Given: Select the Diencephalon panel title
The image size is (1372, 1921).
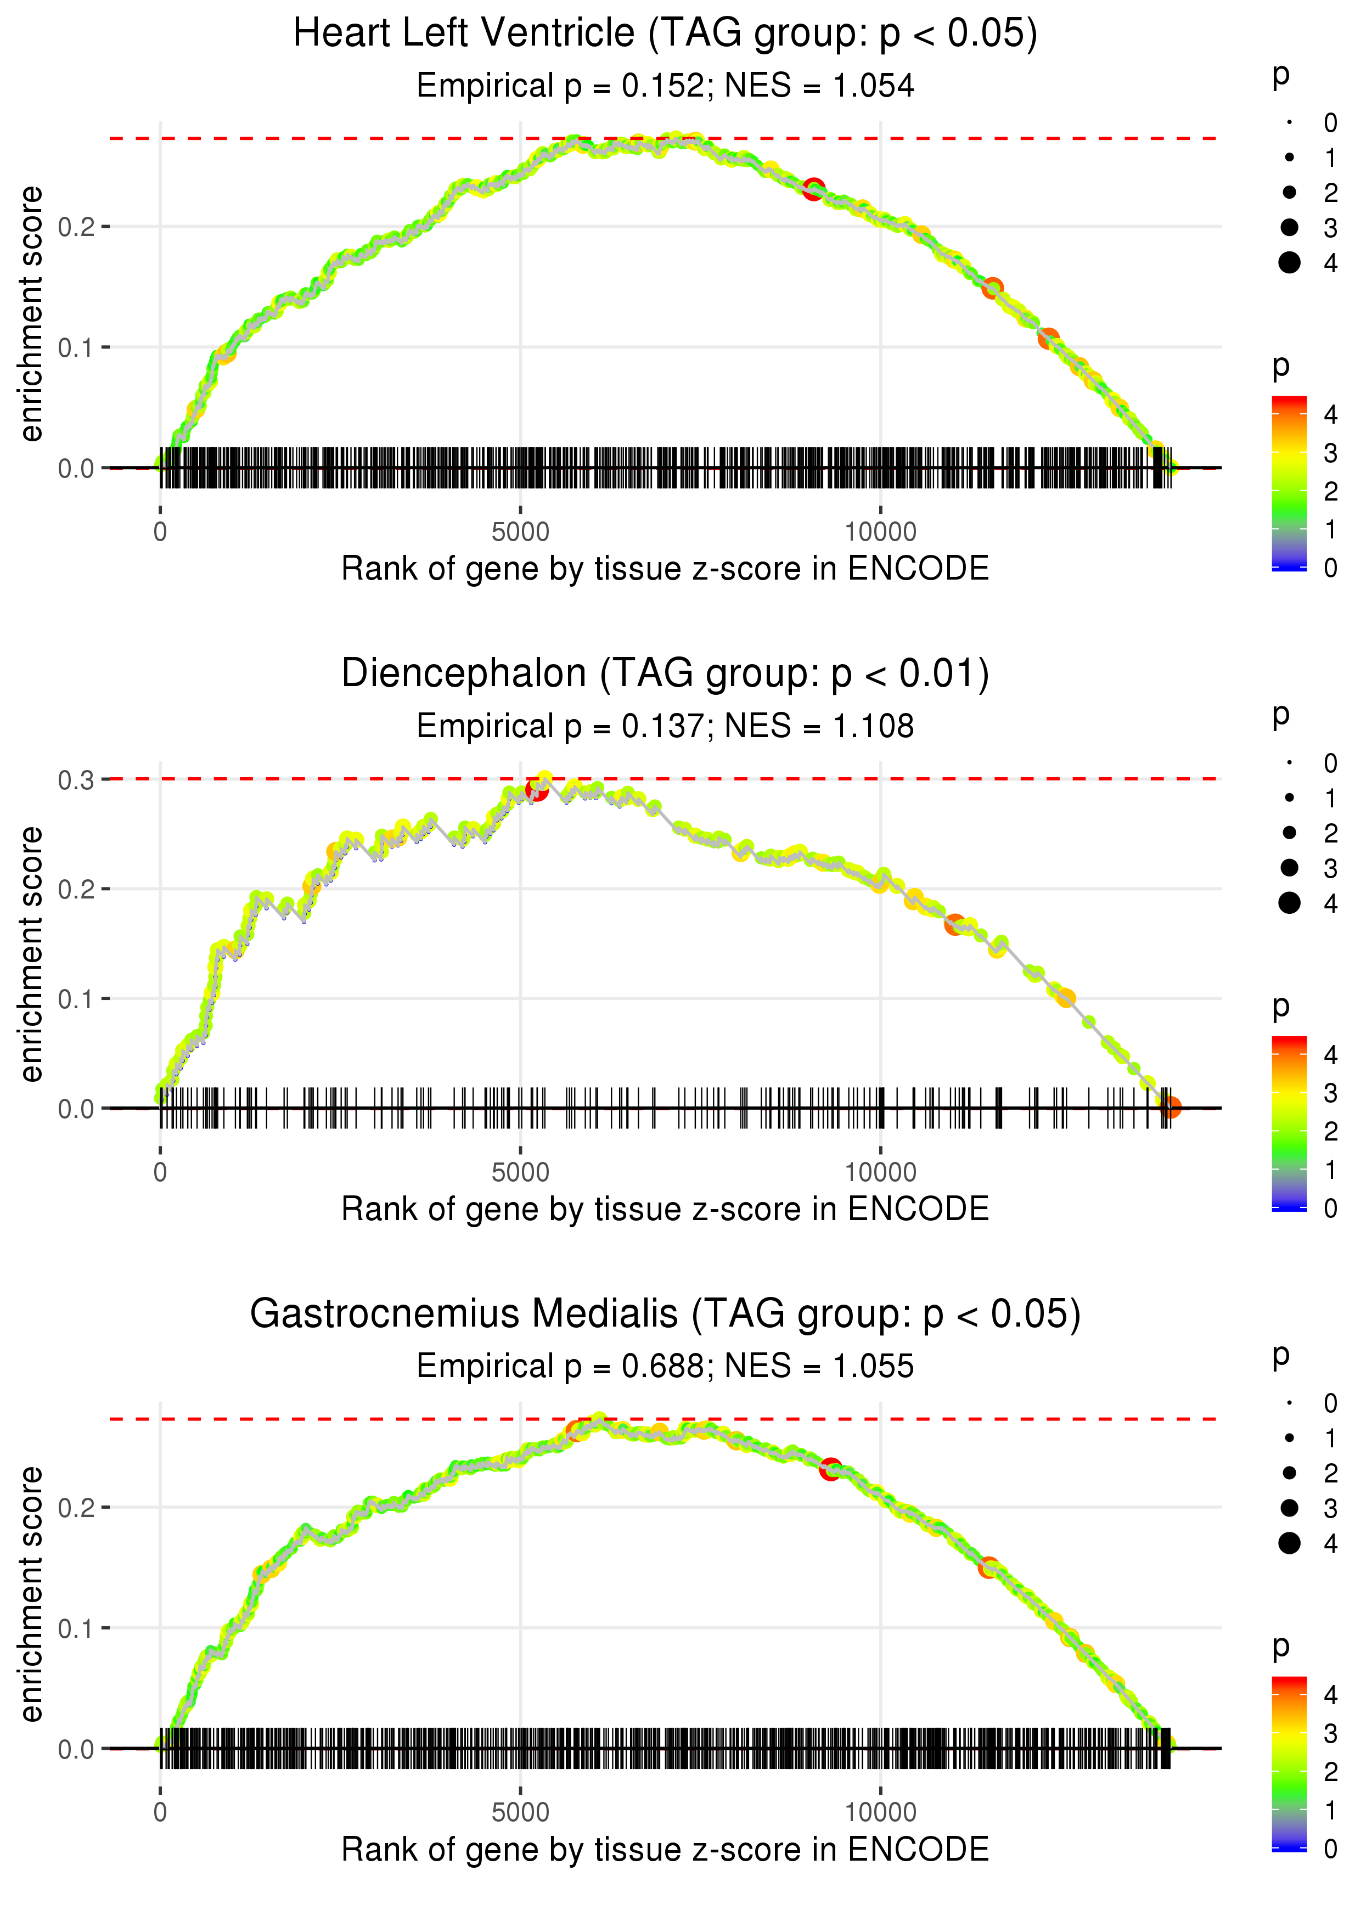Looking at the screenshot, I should [665, 674].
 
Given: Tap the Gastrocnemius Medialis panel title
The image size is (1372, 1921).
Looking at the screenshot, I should [665, 1313].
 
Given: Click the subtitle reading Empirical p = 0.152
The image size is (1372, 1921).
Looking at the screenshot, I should [665, 86].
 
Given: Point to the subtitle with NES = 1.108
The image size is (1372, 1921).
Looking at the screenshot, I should [665, 727].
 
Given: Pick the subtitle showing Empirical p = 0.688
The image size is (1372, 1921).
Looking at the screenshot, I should [665, 1366].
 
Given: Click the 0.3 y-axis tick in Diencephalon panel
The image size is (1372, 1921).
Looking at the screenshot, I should [75, 780].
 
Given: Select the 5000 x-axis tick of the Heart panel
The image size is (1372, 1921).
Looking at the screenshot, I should [520, 532].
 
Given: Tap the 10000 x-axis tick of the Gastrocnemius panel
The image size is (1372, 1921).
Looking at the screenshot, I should [880, 1812].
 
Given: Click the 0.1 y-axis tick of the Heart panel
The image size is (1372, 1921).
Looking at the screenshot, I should [75, 348].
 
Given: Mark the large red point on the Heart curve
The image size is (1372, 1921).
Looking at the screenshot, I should [813, 189].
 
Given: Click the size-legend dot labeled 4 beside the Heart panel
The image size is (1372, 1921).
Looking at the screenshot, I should [1289, 263].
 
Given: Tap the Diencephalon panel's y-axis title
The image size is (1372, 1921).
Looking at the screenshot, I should [31, 954].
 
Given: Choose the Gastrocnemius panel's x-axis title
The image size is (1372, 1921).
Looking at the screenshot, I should [665, 1849].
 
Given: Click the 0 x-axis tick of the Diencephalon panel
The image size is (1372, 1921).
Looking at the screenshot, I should [160, 1172].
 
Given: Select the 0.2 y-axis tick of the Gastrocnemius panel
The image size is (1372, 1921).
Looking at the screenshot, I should [75, 1507].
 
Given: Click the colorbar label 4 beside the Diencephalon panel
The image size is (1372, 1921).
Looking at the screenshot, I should [1331, 1055].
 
